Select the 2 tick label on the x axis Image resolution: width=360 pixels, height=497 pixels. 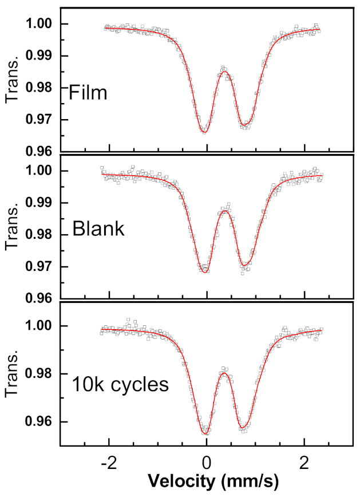point(304,462)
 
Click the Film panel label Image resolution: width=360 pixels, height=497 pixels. point(88,93)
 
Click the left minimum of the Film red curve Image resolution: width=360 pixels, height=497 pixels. point(204,132)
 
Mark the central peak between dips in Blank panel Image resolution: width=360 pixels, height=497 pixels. point(226,211)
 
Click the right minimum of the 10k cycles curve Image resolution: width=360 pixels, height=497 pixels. point(243,428)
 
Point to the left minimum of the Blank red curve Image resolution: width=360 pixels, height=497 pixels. point(204,271)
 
